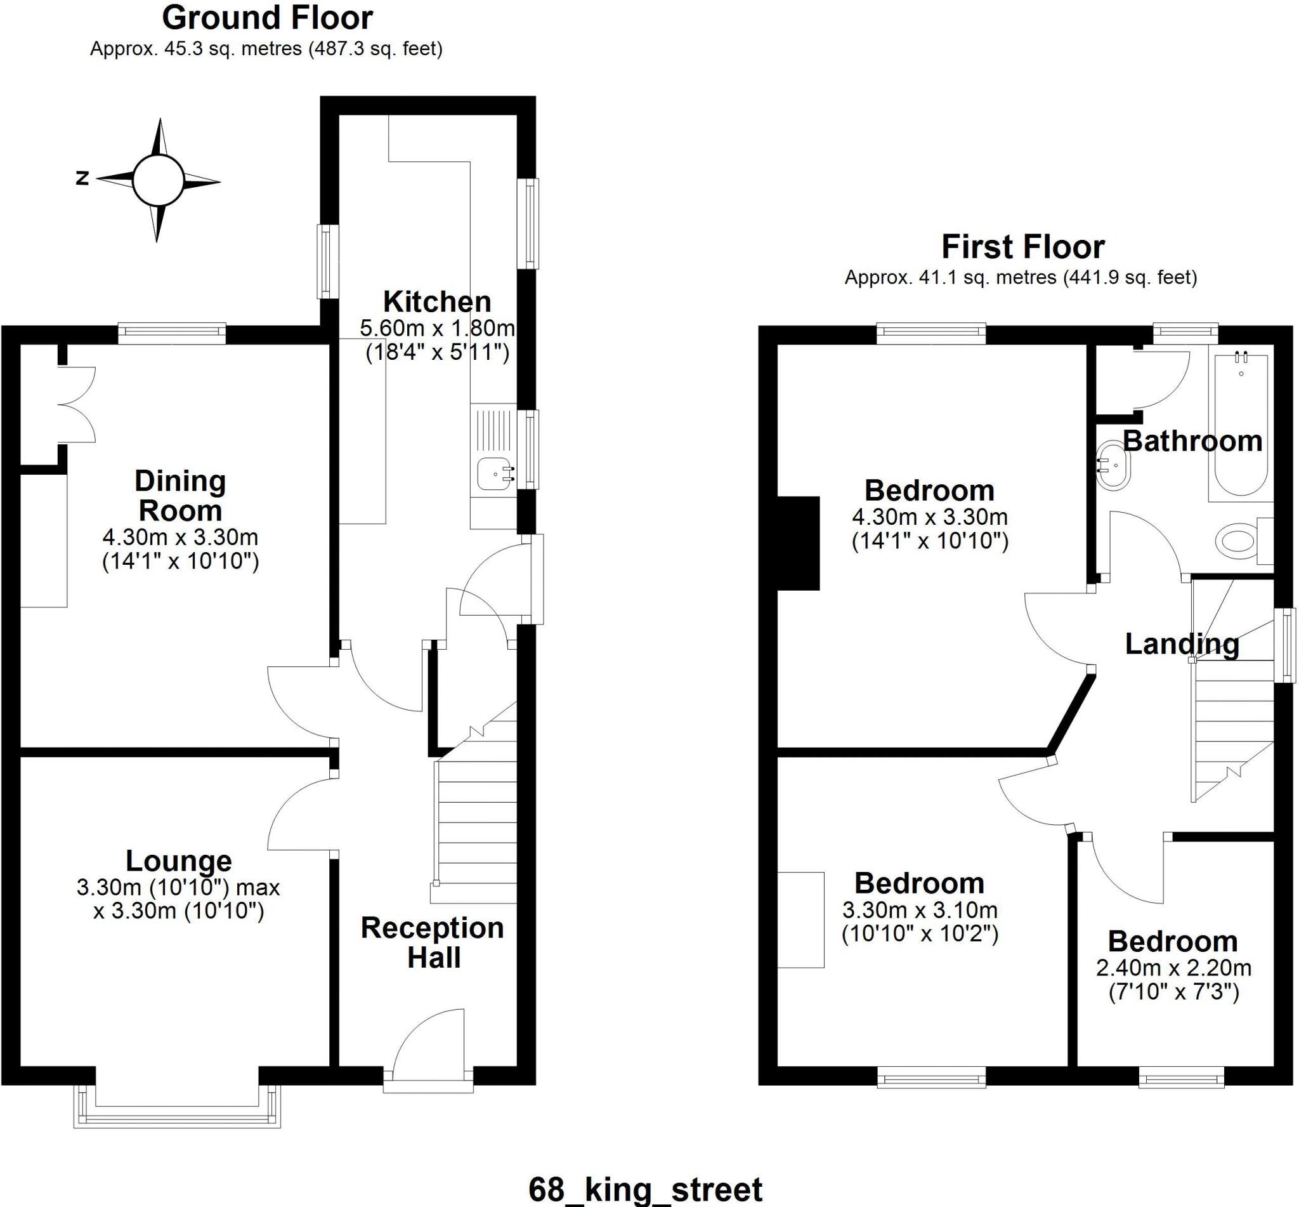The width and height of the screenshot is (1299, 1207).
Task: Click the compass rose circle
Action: click(x=158, y=180)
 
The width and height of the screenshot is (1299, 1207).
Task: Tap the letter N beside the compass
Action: click(x=82, y=178)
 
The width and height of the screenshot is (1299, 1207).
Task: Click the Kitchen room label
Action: click(x=436, y=302)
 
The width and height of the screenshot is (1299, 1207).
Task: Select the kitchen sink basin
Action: click(x=494, y=473)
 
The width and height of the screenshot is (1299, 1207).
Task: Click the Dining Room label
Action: click(x=180, y=496)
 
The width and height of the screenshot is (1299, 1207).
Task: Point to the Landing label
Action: click(x=1182, y=645)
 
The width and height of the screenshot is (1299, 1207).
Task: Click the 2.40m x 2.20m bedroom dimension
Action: click(x=1173, y=968)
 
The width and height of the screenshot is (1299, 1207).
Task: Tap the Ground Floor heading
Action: click(x=267, y=18)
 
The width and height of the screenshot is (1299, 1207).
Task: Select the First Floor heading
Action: click(x=1022, y=247)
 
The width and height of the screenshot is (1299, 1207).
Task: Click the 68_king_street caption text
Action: click(x=645, y=1189)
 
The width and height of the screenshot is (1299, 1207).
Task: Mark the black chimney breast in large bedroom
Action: click(x=799, y=543)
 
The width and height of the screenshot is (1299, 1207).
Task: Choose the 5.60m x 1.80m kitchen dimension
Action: click(x=436, y=328)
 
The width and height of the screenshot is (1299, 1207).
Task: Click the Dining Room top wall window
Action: click(x=172, y=334)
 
